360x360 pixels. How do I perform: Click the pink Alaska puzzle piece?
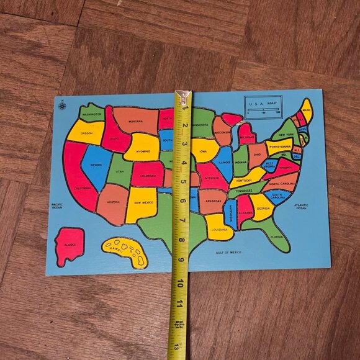[69, 246]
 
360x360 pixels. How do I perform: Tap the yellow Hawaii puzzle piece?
[127, 252]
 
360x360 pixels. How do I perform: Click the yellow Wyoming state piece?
[142, 148]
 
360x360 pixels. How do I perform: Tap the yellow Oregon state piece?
[86, 132]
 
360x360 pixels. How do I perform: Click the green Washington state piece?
[91, 113]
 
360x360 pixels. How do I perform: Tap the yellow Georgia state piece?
[261, 206]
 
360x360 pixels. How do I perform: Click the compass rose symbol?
[62, 106]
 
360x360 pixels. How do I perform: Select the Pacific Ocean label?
[57, 206]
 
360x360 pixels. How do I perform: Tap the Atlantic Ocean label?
[301, 207]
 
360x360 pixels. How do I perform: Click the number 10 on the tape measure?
[180, 284]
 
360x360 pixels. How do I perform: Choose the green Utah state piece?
[119, 171]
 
